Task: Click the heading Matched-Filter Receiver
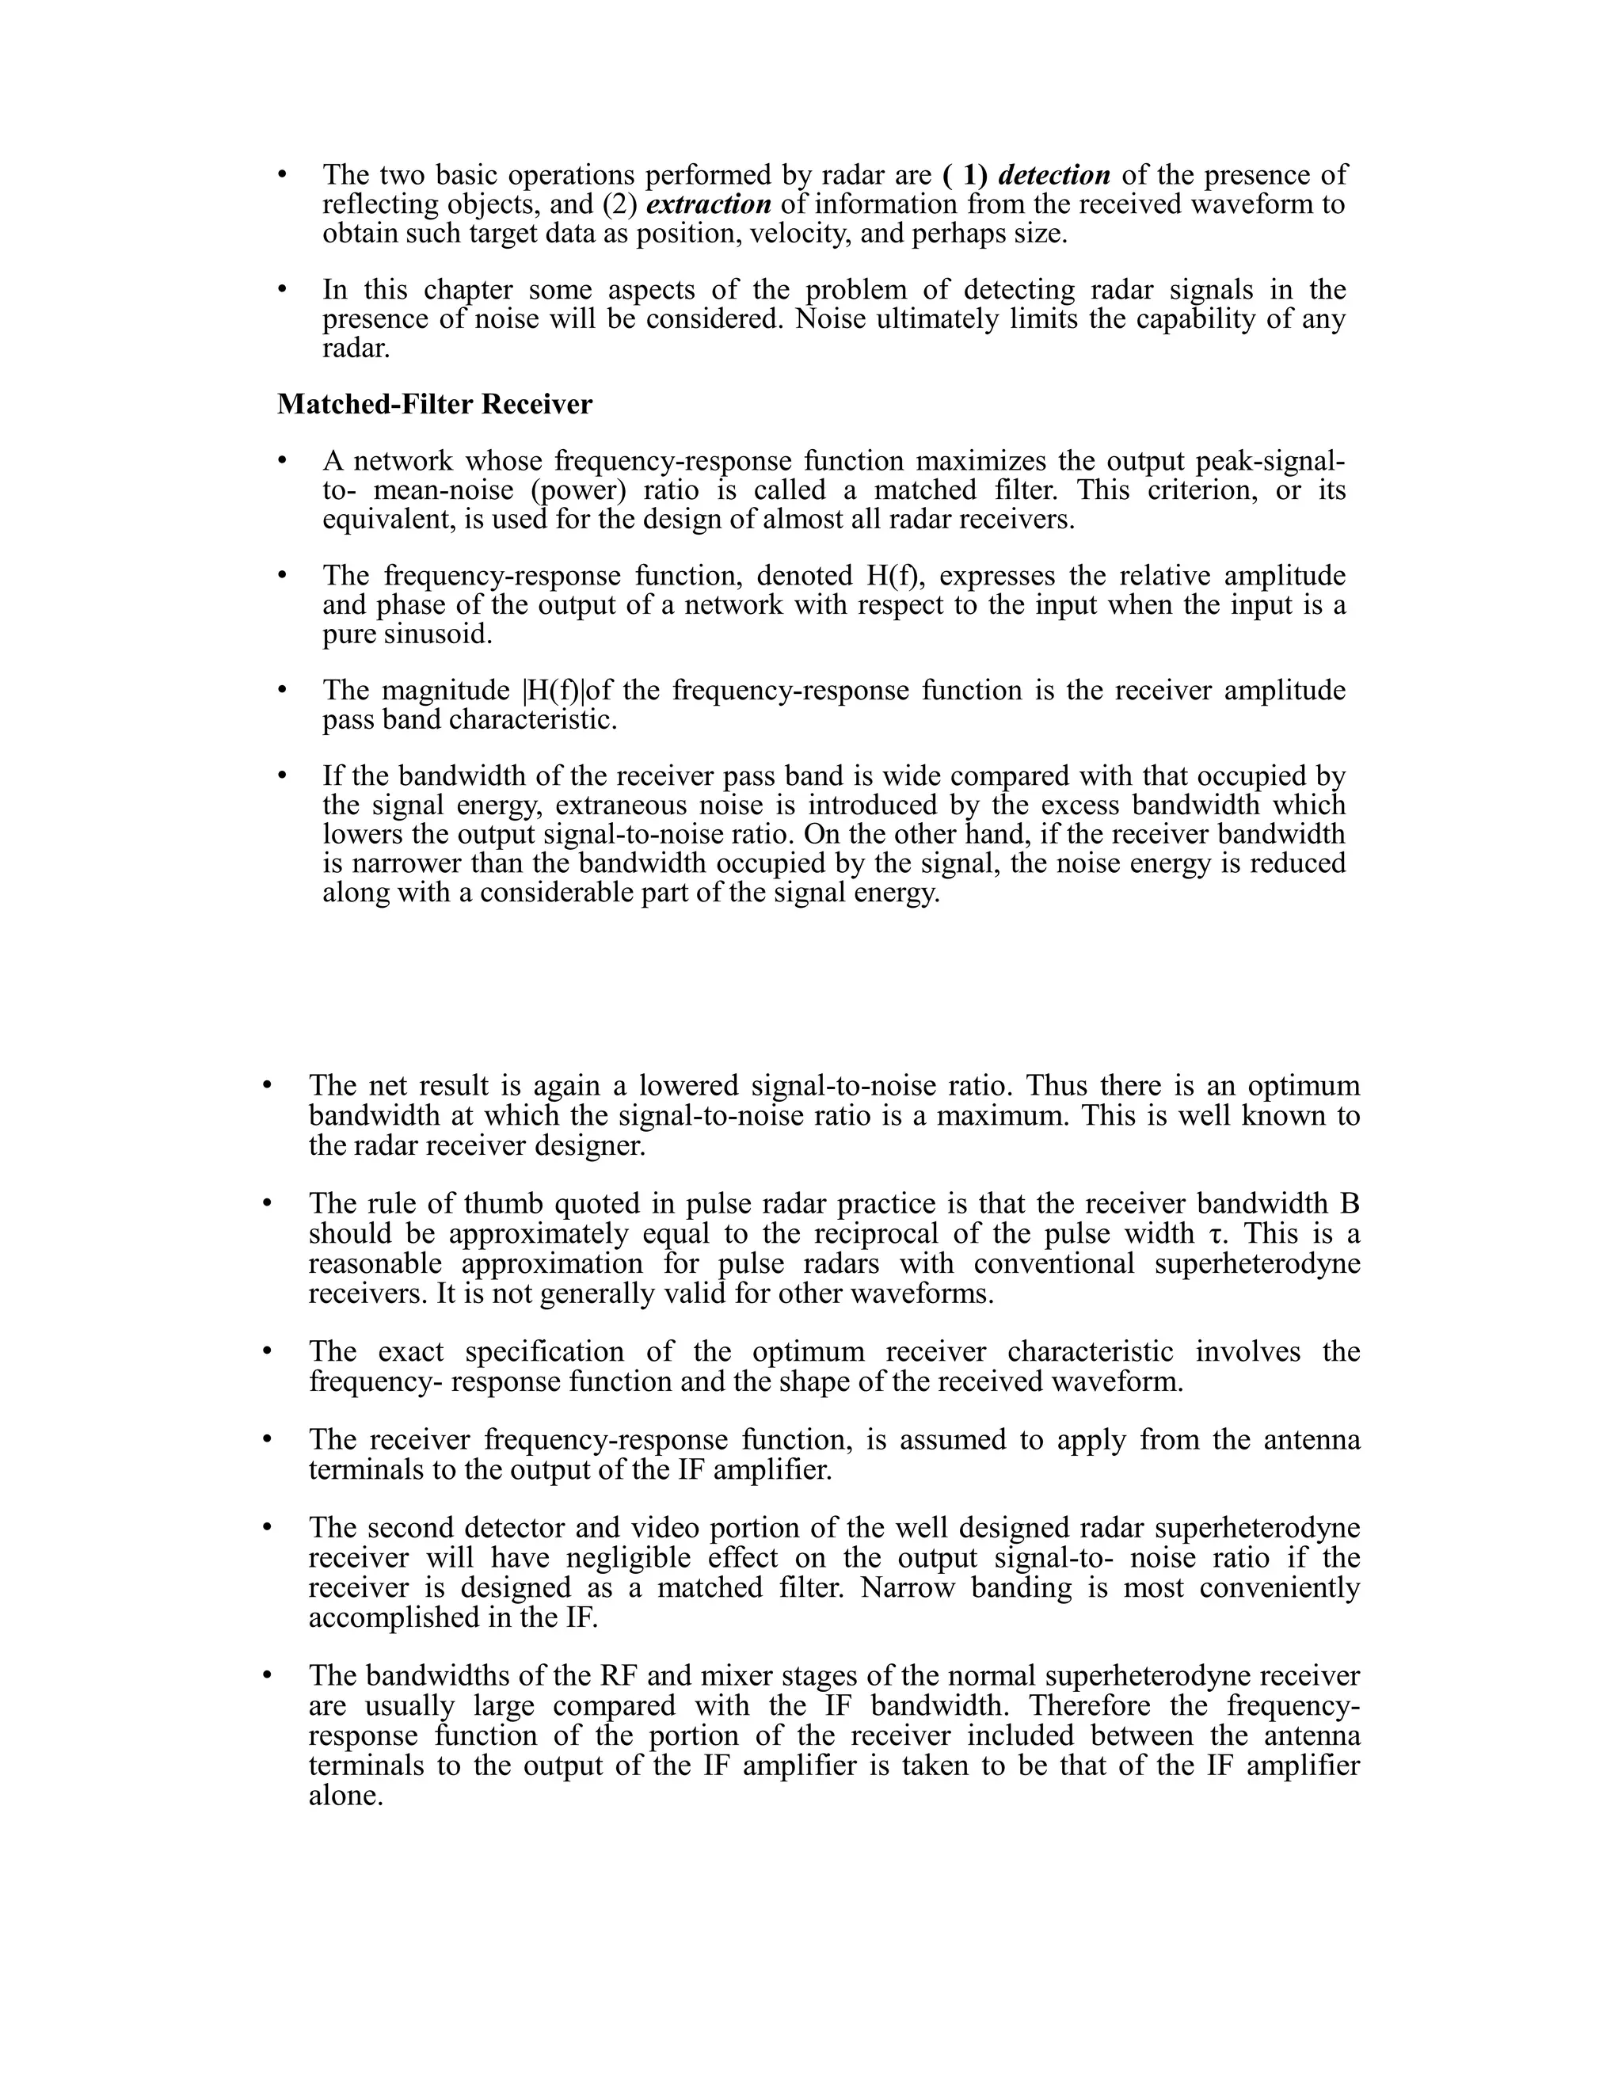[434, 405]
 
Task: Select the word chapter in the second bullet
[468, 289]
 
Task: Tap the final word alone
[345, 1796]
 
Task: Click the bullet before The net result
[268, 1086]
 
